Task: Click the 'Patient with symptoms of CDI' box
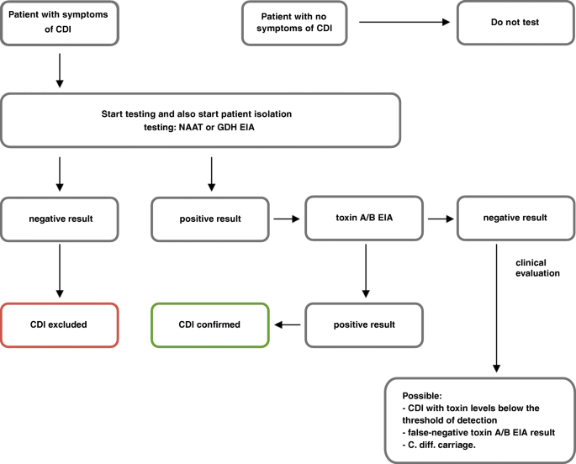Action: [x=60, y=24]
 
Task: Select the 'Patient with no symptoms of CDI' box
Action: [x=294, y=24]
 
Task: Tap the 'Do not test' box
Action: [x=515, y=23]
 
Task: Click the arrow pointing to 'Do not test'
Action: [x=404, y=22]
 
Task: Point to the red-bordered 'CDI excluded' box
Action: [x=60, y=324]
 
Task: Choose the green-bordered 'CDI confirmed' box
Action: [x=210, y=324]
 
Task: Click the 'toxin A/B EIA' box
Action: [x=364, y=219]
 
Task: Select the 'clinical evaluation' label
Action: [x=537, y=268]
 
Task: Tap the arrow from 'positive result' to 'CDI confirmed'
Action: [x=288, y=324]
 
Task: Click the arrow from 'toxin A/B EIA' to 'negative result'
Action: [x=441, y=219]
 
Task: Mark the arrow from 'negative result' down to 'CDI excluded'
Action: [x=60, y=271]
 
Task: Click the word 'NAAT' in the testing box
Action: [x=191, y=128]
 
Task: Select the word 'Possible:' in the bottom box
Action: [x=422, y=396]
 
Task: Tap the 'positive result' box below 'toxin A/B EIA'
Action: [x=364, y=324]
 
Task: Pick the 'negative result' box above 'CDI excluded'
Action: [x=60, y=219]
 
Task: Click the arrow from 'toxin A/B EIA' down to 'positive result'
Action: [x=366, y=271]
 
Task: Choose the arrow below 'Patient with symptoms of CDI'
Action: [x=60, y=71]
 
